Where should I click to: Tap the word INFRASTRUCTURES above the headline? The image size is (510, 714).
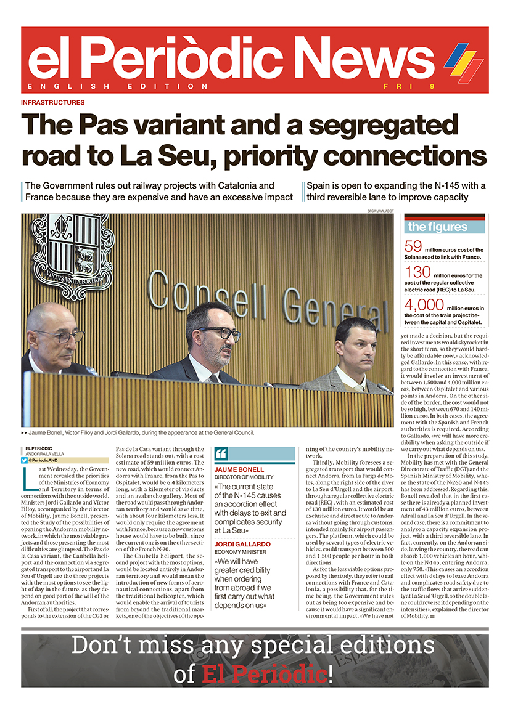(52, 102)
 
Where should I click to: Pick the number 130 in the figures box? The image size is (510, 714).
(417, 273)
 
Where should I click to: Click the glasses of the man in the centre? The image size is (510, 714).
(220, 333)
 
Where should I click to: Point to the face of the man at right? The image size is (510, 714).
(356, 344)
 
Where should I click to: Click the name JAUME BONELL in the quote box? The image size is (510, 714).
(239, 469)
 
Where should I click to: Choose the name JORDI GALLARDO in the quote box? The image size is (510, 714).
(243, 545)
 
